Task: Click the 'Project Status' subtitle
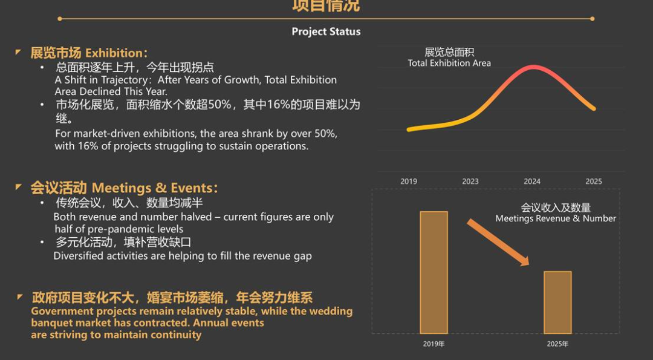pyautogui.click(x=326, y=31)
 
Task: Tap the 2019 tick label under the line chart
pyautogui.click(x=409, y=182)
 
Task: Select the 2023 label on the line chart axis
pyautogui.click(x=470, y=182)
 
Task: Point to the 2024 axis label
pyautogui.click(x=532, y=182)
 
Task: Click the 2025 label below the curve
pyautogui.click(x=594, y=182)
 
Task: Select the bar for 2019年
pyautogui.click(x=434, y=272)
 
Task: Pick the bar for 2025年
pyautogui.click(x=557, y=302)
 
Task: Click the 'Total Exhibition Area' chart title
pyautogui.click(x=449, y=63)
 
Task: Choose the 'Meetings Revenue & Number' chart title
pyautogui.click(x=556, y=218)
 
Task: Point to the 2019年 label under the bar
pyautogui.click(x=434, y=344)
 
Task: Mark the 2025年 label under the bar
pyautogui.click(x=557, y=344)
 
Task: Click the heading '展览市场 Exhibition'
pyautogui.click(x=89, y=53)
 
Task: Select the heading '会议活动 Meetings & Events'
pyautogui.click(x=124, y=188)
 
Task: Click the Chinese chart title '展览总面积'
pyautogui.click(x=449, y=52)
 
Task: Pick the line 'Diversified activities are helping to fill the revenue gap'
pyautogui.click(x=183, y=256)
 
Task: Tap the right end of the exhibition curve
pyautogui.click(x=594, y=109)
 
